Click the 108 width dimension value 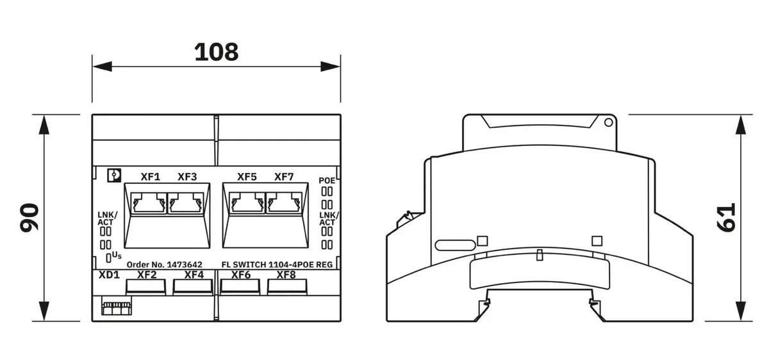[x=217, y=52]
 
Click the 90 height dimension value [x=29, y=218]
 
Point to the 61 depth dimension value [x=727, y=218]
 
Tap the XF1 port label [x=151, y=177]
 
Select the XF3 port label [x=187, y=177]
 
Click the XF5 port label [x=247, y=177]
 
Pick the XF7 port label [x=284, y=177]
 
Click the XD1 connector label [x=109, y=275]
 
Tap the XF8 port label [x=286, y=275]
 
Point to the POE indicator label [x=327, y=181]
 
